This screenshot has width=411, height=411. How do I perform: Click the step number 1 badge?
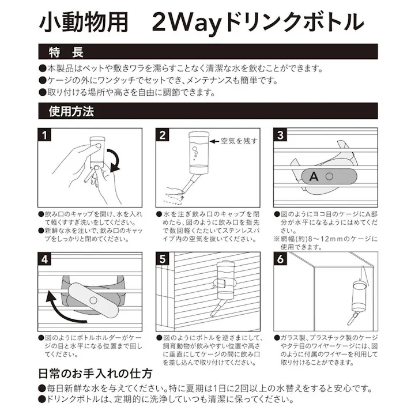tap(45, 135)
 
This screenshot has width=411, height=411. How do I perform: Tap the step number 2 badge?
tap(163, 135)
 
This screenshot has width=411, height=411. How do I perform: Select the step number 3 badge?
tap(281, 135)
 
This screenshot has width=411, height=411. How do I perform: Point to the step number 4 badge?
tap(45, 260)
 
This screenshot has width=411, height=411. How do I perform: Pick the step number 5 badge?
tap(163, 260)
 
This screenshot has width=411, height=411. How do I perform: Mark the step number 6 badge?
tap(281, 260)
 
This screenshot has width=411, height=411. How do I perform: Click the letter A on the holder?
tap(313, 176)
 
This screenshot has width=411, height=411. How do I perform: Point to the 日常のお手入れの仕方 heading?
tap(95, 373)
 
